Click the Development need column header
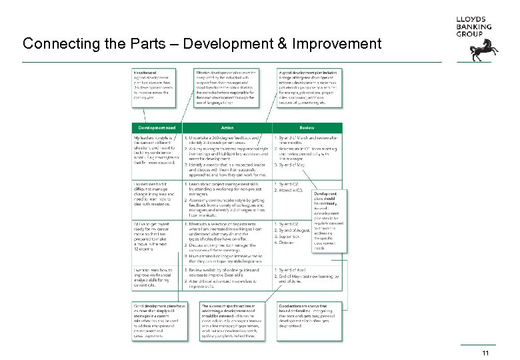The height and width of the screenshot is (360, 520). (157, 128)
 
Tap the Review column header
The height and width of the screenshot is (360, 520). (307, 128)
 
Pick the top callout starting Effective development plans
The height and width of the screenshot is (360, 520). (227, 87)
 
